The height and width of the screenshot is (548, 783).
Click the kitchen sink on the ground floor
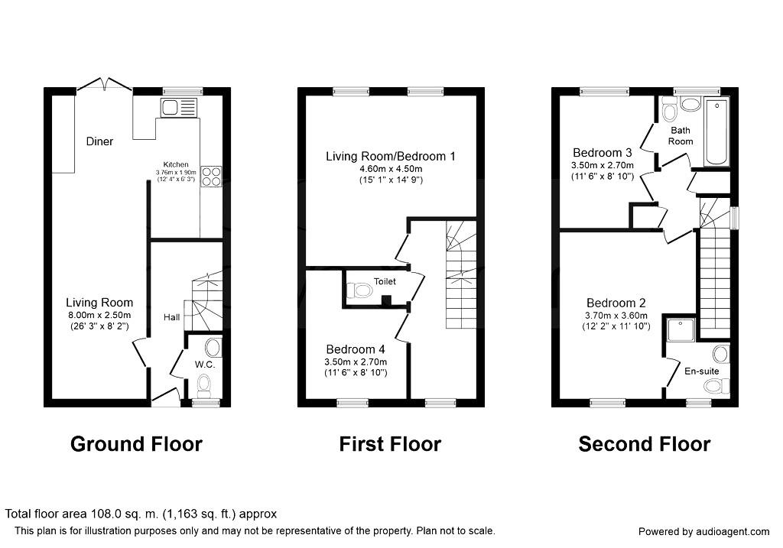(x=179, y=108)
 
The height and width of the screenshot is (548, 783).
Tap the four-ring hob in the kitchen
(x=211, y=177)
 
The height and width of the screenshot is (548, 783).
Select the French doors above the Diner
(x=105, y=83)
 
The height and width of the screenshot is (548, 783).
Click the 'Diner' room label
(x=99, y=141)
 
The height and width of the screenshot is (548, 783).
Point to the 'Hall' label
(x=171, y=316)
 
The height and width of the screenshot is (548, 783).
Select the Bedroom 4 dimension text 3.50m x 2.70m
(x=355, y=362)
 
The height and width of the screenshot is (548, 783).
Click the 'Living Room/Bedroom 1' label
(x=391, y=156)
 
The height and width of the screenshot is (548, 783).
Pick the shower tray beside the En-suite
(x=677, y=329)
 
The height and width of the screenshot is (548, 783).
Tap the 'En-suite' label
(x=701, y=371)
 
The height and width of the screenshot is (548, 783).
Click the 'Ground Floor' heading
(x=136, y=444)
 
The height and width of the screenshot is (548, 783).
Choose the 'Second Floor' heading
(x=644, y=444)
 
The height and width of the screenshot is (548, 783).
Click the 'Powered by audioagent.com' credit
(x=703, y=531)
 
